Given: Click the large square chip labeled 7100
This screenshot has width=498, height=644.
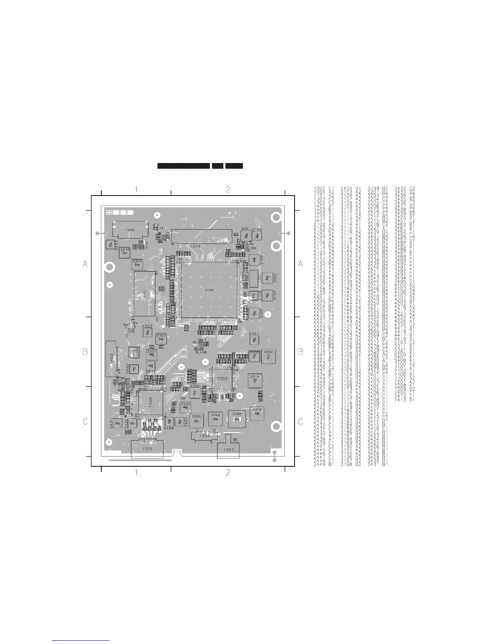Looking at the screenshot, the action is click(209, 289).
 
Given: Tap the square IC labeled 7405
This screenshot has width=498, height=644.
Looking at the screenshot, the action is click(151, 400).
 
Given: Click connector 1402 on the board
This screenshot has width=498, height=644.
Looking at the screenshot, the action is click(130, 230).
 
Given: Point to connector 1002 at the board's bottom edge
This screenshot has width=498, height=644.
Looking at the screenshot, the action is click(147, 449).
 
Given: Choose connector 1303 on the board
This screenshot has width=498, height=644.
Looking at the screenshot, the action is click(228, 450).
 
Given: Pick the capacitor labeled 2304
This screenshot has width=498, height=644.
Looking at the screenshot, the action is click(269, 356).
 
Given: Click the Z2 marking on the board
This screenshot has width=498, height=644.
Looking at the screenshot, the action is click(109, 212).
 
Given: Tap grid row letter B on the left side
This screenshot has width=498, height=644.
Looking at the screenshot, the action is click(85, 352).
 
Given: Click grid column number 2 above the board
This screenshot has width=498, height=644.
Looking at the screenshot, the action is click(228, 189).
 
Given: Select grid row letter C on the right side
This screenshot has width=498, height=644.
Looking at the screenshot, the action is click(300, 422).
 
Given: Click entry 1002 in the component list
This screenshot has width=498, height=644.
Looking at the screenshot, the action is click(319, 188).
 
